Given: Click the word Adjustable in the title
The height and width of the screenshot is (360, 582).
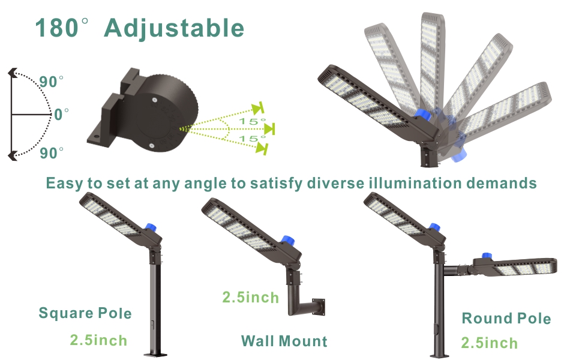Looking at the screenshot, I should (x=174, y=28).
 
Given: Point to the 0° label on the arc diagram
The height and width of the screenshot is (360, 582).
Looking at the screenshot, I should (x=61, y=114).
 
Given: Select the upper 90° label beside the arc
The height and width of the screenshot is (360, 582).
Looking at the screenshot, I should (x=52, y=82).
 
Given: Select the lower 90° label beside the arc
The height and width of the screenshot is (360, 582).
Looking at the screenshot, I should (x=52, y=153).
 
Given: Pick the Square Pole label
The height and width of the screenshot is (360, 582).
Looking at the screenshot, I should (x=85, y=313).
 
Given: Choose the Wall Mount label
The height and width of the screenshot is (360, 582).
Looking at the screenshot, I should (x=284, y=341).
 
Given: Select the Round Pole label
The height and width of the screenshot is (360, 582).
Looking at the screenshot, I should (x=506, y=318).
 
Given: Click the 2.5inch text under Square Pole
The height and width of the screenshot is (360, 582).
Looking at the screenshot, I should (x=98, y=340).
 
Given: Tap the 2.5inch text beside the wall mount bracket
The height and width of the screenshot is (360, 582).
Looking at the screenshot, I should (x=251, y=297).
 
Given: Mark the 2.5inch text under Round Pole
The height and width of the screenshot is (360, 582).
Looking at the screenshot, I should (x=489, y=343).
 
